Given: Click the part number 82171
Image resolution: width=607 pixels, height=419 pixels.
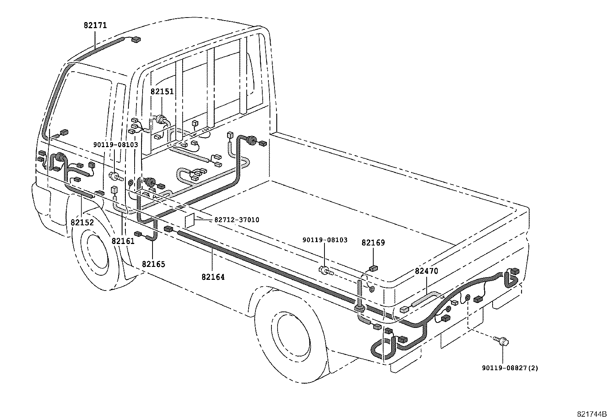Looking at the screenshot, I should tap(95, 26).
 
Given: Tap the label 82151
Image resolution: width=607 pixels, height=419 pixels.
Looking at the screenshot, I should tap(162, 92).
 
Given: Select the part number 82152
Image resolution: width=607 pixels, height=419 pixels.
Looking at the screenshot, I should tap(82, 222).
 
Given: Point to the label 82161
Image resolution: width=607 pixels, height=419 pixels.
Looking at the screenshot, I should tap(123, 241).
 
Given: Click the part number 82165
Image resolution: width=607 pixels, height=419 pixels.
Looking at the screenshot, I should tap(153, 264).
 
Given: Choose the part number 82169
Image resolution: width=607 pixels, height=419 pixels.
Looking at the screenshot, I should tap(373, 242).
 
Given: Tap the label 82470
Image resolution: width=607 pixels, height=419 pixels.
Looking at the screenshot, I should tap(426, 271).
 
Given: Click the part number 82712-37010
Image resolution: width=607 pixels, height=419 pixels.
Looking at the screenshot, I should tap(236, 220).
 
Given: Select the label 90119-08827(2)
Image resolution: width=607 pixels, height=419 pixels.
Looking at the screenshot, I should tap(510, 368).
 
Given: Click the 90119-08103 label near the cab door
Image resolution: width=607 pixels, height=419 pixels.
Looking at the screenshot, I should tap(116, 144).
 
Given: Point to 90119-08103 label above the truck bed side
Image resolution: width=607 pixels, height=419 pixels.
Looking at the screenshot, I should tap(325, 240).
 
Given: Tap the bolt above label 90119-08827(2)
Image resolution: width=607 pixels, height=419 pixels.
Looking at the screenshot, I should tap(499, 340).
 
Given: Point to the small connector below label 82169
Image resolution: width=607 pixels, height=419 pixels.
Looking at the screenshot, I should tap(373, 268).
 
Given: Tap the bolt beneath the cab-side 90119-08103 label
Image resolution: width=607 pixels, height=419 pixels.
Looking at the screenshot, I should tap(115, 177).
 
